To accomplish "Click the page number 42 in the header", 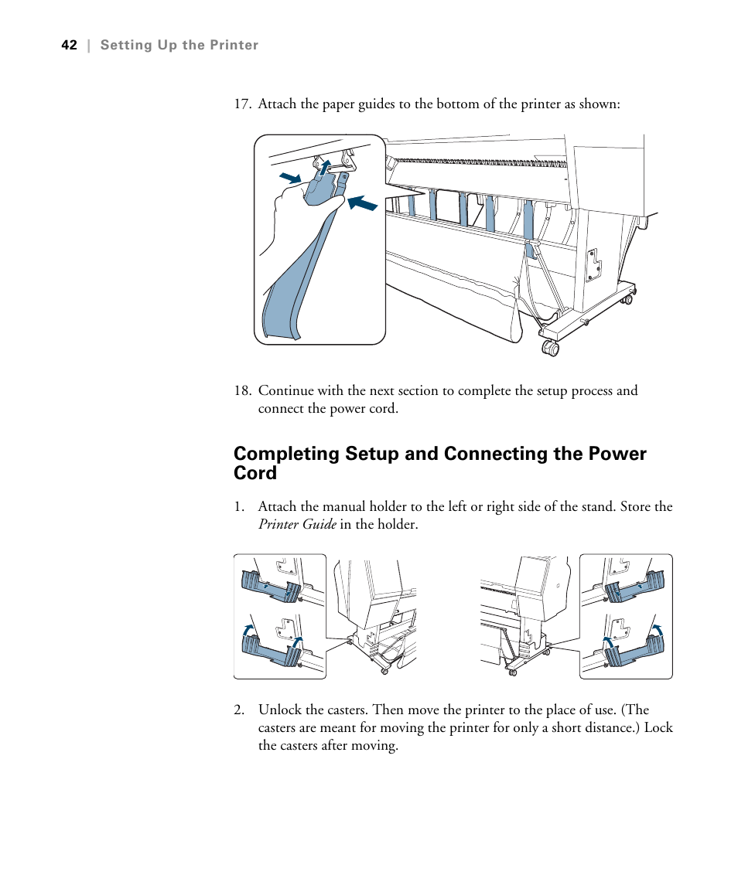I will point(69,46).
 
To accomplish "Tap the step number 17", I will point(242,104).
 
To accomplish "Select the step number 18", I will point(242,390).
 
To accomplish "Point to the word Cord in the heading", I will point(255,473).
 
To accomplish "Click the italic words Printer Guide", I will point(297,525).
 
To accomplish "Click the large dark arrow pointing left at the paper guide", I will point(362,203).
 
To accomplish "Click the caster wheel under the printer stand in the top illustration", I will point(551,348).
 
